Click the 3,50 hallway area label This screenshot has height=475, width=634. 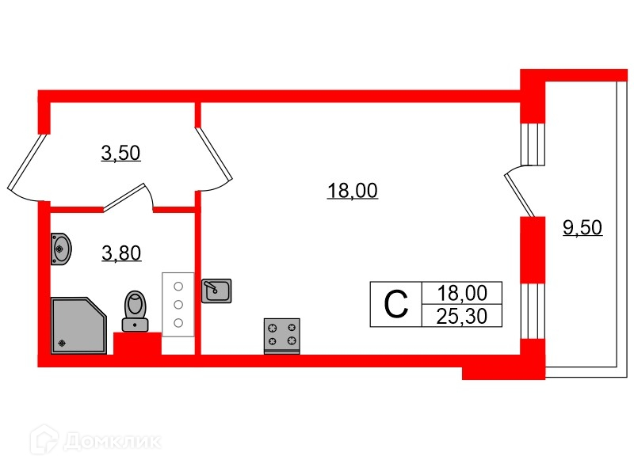coord(120,153)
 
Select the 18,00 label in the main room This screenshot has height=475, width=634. coord(352,191)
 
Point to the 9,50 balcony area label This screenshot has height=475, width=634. coord(582,228)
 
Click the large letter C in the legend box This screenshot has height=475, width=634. coord(396,303)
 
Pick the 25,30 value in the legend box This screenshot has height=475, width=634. coord(461,317)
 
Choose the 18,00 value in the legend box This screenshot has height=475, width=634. coord(461,293)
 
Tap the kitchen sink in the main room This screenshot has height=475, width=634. coord(216,291)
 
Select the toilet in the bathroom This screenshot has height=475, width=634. coord(135,310)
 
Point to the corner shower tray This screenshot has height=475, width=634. coord(77,325)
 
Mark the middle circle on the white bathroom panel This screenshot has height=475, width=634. coord(178,304)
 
